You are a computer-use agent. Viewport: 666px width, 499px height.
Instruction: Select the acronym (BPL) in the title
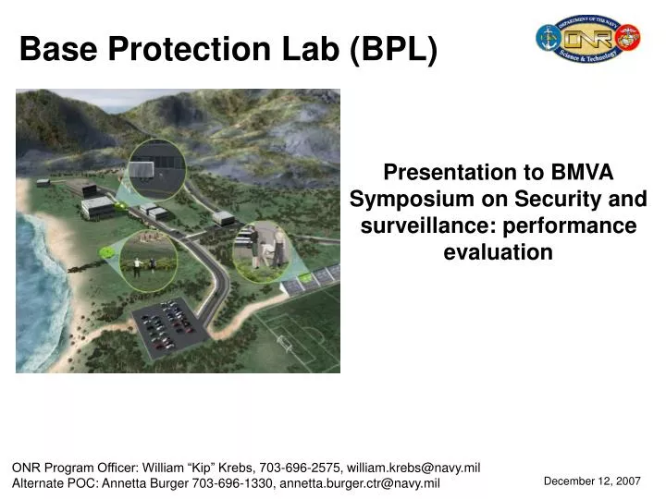[x=394, y=49]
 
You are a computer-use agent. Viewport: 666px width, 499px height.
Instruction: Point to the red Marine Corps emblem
[x=629, y=38]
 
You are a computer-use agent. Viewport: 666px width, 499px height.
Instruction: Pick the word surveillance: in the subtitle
[x=424, y=225]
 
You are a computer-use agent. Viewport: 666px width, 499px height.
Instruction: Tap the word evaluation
[x=498, y=252]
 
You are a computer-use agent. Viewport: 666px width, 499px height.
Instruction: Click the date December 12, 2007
[x=592, y=481]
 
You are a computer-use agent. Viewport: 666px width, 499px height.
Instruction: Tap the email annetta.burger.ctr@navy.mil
[x=360, y=484]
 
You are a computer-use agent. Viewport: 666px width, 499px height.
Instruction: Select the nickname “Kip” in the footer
[x=199, y=469]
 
